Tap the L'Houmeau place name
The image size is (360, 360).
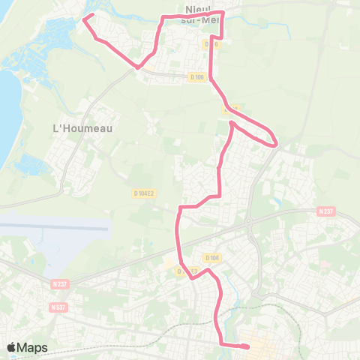82,128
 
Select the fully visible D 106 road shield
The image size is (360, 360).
197,76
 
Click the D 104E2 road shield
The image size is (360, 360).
144,193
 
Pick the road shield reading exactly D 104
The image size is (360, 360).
212,257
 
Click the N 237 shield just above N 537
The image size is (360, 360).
60,283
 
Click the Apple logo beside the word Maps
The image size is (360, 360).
11,347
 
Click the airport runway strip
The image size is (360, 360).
52,226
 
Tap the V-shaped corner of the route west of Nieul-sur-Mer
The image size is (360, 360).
137,67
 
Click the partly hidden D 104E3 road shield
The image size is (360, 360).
186,271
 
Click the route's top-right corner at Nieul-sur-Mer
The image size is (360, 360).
223,13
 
